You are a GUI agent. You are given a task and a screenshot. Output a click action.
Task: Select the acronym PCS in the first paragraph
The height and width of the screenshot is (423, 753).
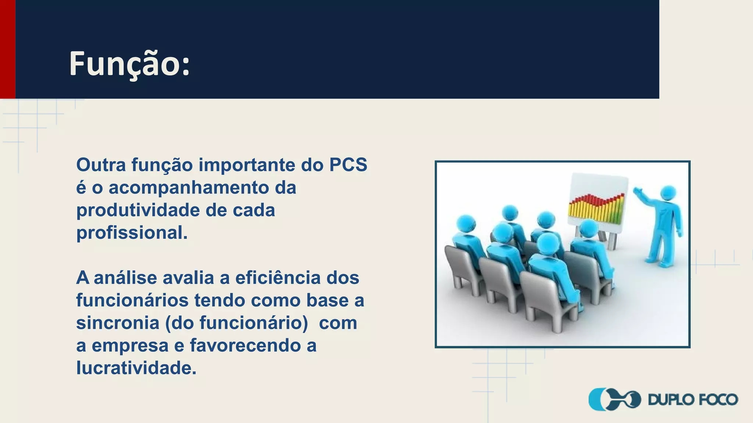348,165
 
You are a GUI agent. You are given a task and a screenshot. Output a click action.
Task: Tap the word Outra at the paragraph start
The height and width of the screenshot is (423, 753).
101,165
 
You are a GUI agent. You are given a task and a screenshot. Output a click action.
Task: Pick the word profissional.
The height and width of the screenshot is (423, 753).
132,233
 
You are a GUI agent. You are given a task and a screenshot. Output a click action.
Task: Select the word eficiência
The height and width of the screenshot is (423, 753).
278,278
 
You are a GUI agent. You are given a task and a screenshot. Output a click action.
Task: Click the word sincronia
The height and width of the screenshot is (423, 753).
118,323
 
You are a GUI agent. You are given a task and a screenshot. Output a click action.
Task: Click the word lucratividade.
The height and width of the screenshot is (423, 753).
136,368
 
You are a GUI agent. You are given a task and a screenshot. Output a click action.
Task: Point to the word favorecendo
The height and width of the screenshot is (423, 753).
245,346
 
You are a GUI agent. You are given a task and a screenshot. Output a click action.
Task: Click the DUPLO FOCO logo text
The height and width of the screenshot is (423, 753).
693,399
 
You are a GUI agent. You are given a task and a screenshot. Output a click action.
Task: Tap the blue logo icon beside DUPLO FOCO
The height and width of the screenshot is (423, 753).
614,399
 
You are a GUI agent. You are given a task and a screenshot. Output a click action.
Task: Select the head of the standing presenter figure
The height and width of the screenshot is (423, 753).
668,193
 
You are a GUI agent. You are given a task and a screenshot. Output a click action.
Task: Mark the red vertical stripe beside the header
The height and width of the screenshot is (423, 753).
7,49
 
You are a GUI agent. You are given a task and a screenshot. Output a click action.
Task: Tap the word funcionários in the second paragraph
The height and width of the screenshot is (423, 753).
132,300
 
